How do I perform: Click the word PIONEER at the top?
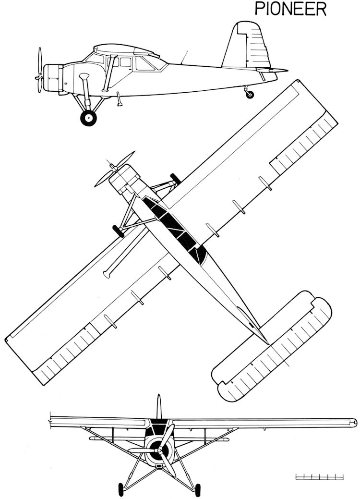click(x=290, y=10)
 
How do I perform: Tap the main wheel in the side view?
click(x=88, y=118)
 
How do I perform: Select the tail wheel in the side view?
click(x=251, y=94)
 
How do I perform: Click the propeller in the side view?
click(x=39, y=70)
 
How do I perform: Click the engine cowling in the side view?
click(x=53, y=78)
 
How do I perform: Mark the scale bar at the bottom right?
click(x=319, y=486)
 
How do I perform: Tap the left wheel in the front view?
click(x=121, y=490)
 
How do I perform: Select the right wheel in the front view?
click(x=198, y=490)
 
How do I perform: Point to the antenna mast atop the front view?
click(x=158, y=407)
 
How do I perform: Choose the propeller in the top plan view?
click(x=114, y=169)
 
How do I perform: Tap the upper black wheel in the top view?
click(x=175, y=179)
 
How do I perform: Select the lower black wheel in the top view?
click(x=119, y=231)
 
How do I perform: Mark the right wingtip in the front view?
click(x=355, y=422)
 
